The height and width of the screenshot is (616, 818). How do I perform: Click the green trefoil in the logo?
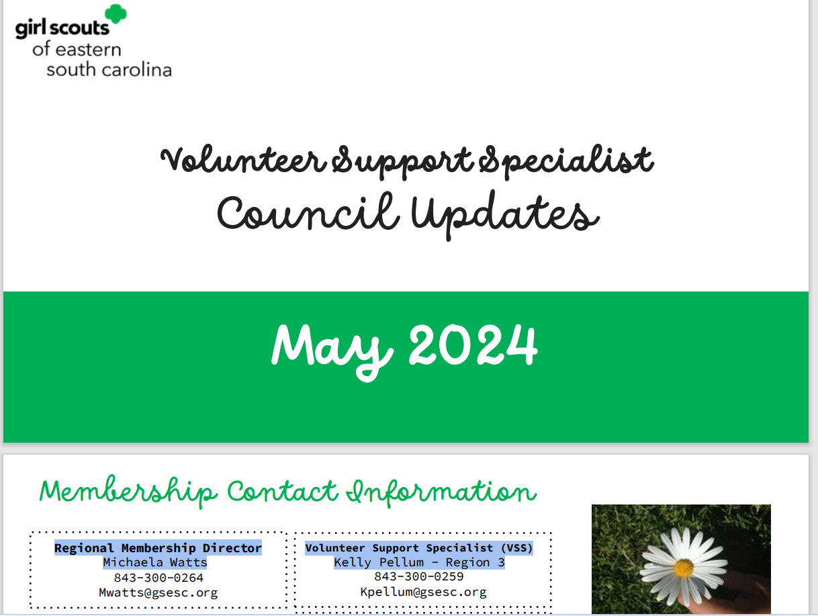pyautogui.click(x=116, y=14)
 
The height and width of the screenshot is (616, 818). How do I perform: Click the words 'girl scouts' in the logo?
pyautogui.click(x=62, y=29)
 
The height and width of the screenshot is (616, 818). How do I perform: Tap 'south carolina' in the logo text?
pyautogui.click(x=109, y=70)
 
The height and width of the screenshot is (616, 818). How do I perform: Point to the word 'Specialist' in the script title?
pyautogui.click(x=566, y=161)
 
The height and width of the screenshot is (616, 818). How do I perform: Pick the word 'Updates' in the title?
pyautogui.click(x=505, y=215)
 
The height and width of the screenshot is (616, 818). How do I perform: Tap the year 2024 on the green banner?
pyautogui.click(x=473, y=345)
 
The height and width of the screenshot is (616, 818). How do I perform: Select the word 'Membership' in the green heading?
pyautogui.click(x=128, y=491)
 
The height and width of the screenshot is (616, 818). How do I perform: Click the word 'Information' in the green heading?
pyautogui.click(x=441, y=492)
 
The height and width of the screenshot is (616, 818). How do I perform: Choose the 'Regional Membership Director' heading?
pyautogui.click(x=158, y=547)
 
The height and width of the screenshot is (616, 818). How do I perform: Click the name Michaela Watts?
pyautogui.click(x=155, y=562)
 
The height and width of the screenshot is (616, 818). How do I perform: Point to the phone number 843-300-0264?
pyautogui.click(x=158, y=578)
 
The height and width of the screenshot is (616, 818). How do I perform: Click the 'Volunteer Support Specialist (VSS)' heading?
pyautogui.click(x=419, y=547)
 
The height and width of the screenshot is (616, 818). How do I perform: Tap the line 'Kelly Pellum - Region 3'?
pyautogui.click(x=419, y=562)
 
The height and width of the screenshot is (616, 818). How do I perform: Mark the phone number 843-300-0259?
pyautogui.click(x=419, y=576)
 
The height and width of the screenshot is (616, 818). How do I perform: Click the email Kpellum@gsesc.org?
pyautogui.click(x=423, y=592)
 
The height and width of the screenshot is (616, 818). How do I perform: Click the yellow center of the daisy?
pyautogui.click(x=684, y=568)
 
